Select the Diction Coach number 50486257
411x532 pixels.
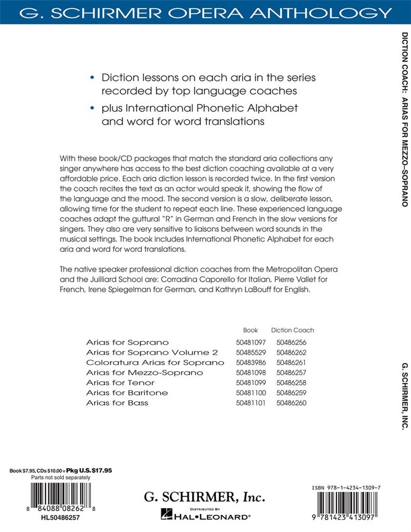pos(291,373)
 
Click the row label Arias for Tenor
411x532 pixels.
pos(120,382)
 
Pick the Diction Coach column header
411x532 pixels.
pos(293,330)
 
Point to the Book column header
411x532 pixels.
pos(250,330)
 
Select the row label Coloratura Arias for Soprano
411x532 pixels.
pos(155,362)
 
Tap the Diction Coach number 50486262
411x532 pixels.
pos(291,352)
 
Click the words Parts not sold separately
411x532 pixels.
pos(60,477)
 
